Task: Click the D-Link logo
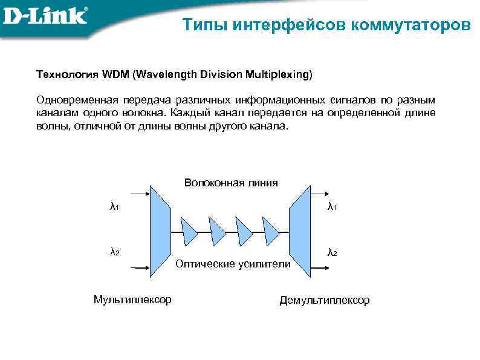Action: coord(45,16)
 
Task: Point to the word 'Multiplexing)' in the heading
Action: coord(279,74)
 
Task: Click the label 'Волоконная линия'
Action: coord(231,183)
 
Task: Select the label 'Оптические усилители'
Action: coord(233,264)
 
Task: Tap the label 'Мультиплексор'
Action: coord(132,299)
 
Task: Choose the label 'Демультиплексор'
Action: coord(324,300)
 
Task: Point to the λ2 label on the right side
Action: coord(332,252)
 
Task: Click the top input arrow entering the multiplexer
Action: coord(138,194)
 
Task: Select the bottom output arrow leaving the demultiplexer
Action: coord(320,267)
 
